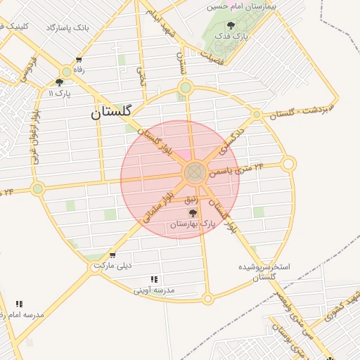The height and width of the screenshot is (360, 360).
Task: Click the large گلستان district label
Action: click(117, 112)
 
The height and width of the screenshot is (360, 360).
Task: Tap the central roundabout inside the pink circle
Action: click(195, 172)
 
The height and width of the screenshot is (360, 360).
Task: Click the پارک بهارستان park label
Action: click(192, 224)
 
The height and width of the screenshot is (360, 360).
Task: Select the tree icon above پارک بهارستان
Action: click(193, 213)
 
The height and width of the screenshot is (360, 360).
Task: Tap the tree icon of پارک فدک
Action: click(231, 26)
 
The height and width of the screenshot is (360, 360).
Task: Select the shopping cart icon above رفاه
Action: click(79, 60)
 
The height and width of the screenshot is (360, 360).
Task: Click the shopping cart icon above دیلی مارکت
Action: click(112, 255)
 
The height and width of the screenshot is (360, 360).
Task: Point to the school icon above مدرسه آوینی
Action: click(154, 279)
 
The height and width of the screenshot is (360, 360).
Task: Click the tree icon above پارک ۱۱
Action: click(59, 82)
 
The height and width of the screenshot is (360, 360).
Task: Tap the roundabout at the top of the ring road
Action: click(186, 88)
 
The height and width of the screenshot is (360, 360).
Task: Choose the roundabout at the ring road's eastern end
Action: click(288, 165)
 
